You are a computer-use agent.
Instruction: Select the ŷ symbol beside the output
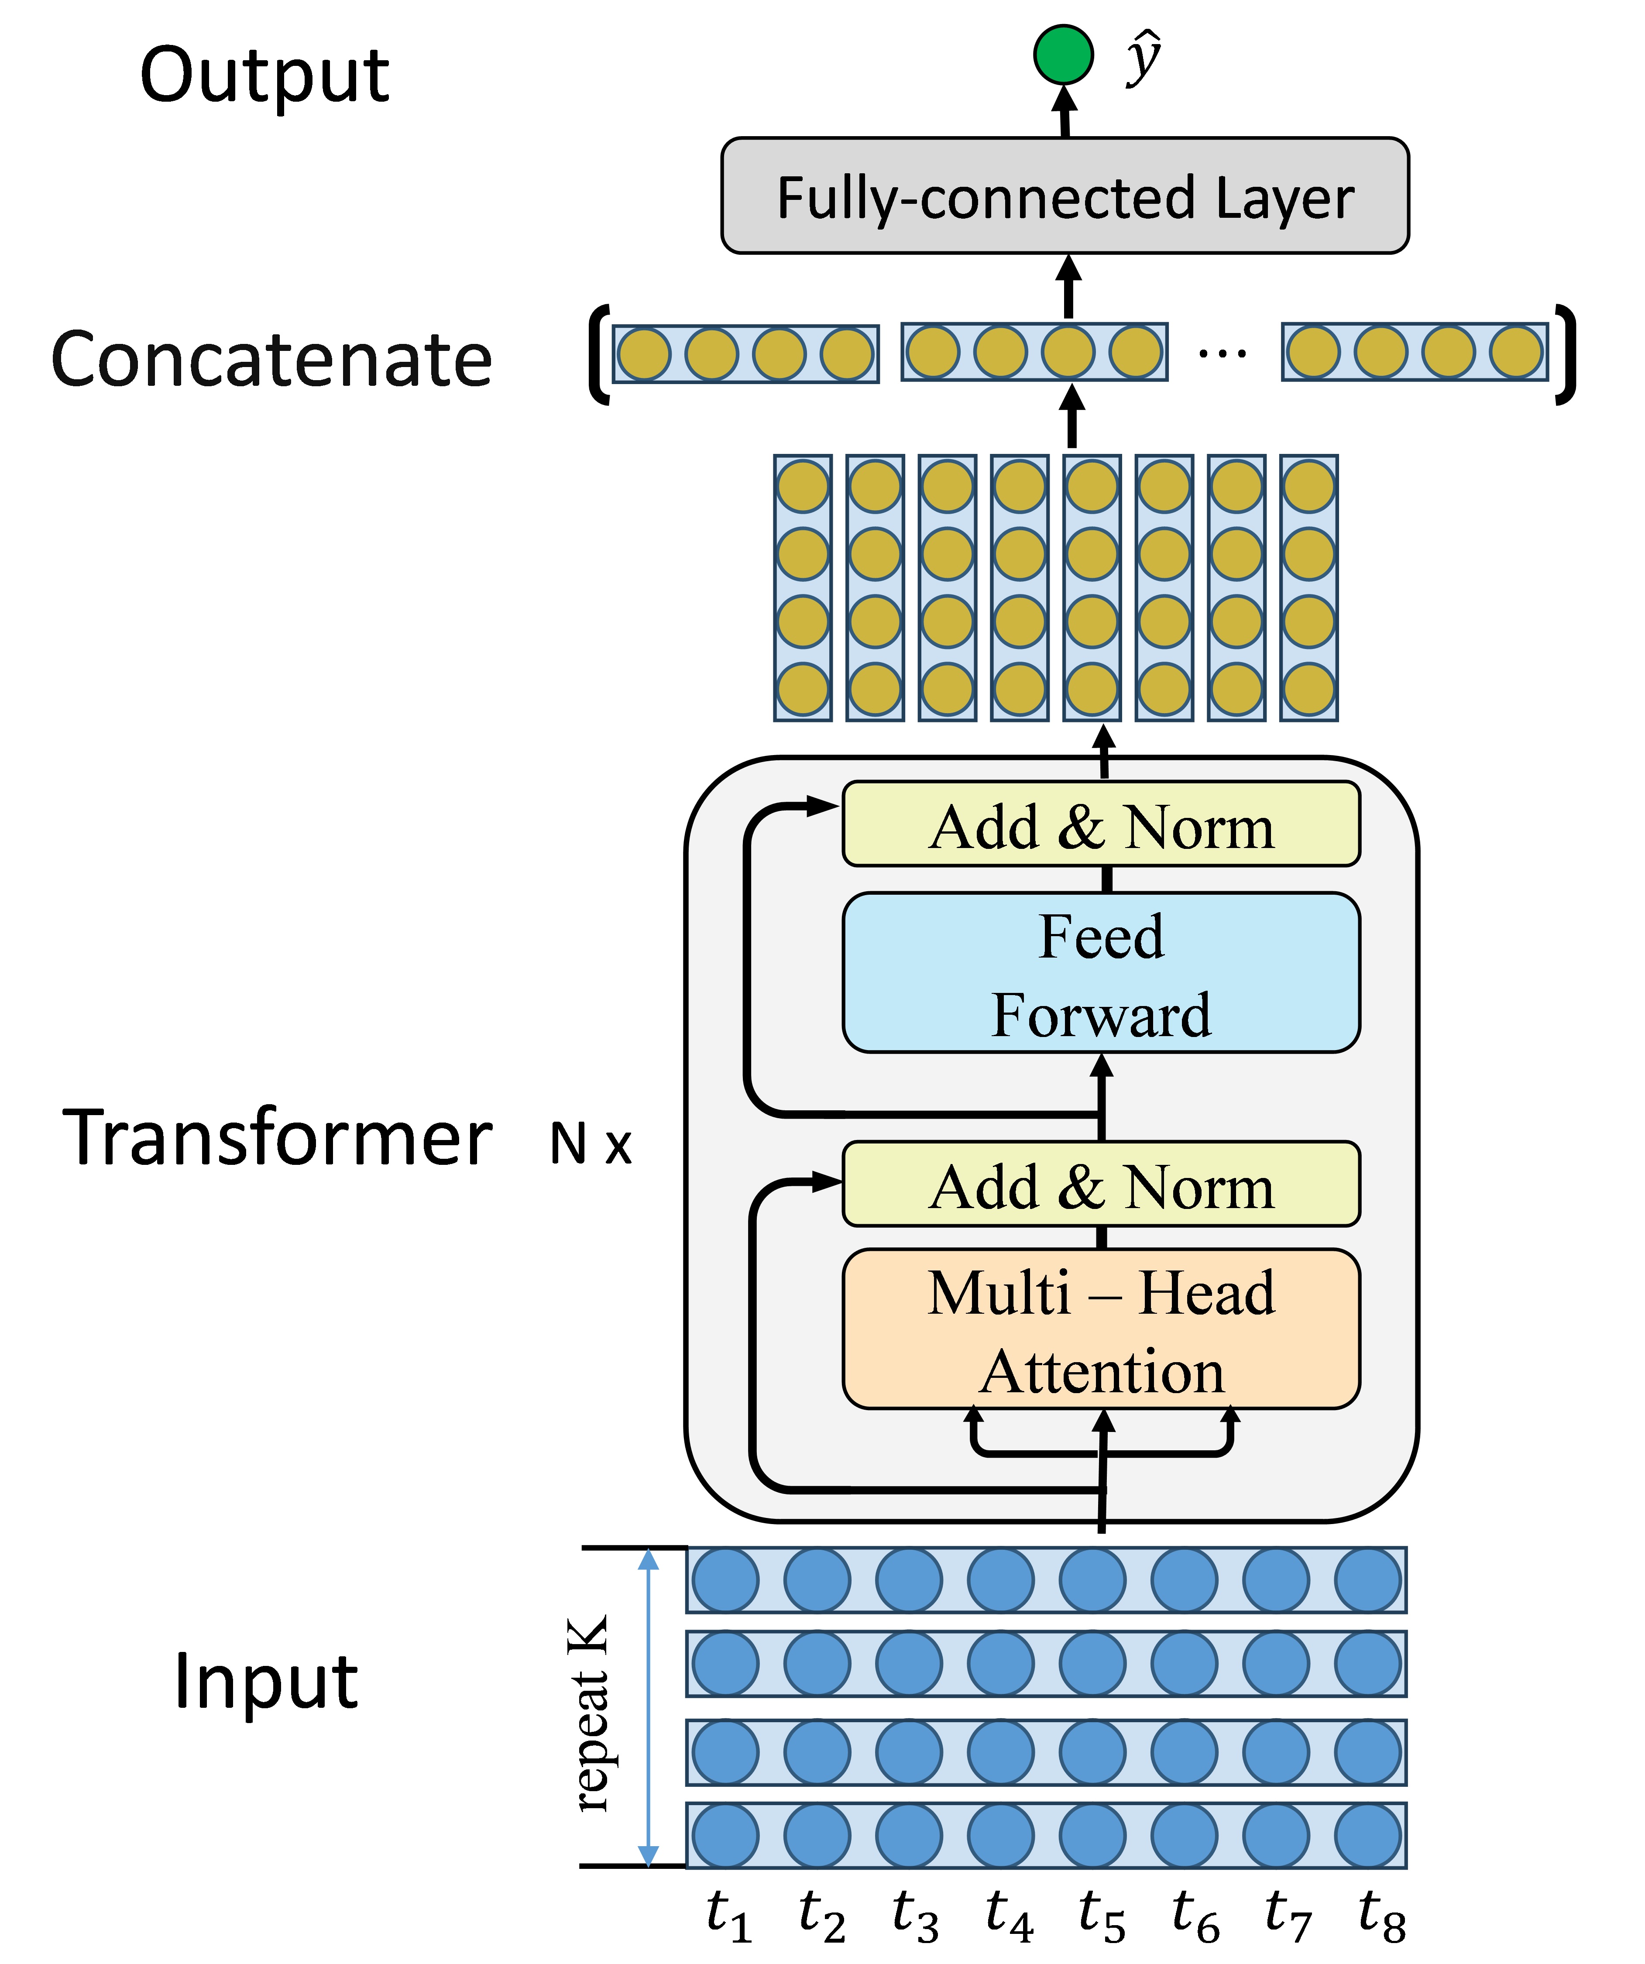(1143, 58)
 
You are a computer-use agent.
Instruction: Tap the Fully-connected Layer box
(1064, 196)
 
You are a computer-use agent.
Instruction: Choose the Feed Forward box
(1101, 973)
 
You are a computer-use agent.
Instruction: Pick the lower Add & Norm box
(1101, 1184)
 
